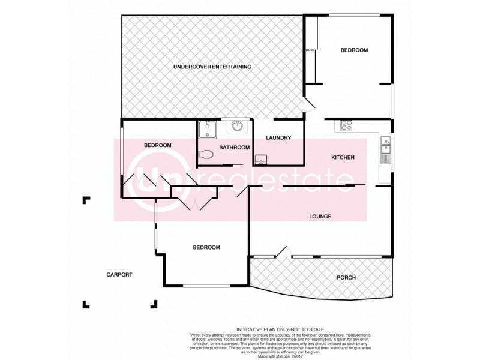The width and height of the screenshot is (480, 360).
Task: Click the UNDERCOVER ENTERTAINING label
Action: [212, 67]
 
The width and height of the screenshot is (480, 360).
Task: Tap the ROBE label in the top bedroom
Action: [310, 50]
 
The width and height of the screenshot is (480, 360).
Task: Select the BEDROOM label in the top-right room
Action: [354, 50]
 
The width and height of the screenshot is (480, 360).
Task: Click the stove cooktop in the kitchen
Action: [346, 125]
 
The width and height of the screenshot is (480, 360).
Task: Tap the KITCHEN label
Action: [343, 158]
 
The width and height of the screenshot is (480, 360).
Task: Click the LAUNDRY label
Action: [278, 138]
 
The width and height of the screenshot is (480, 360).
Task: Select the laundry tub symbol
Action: [261, 159]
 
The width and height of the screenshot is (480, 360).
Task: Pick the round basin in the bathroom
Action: [236, 127]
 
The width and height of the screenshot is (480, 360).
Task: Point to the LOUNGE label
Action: [320, 217]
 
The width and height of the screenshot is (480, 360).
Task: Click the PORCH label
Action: [346, 278]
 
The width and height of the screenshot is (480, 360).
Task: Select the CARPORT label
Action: [119, 275]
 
